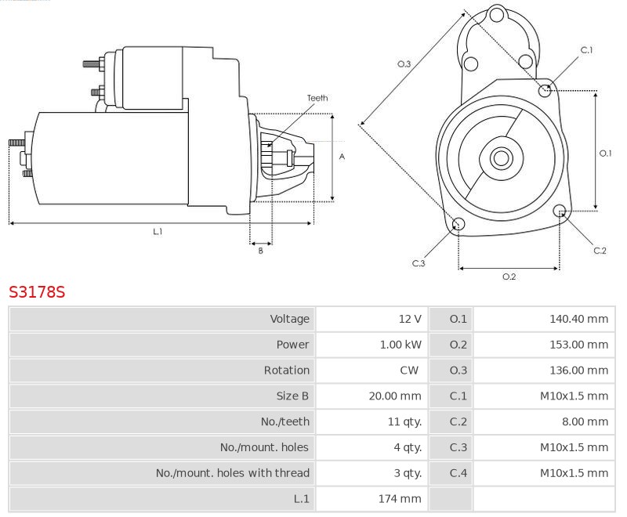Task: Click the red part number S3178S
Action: click(37, 292)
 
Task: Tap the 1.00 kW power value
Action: click(400, 345)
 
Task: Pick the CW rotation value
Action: click(409, 370)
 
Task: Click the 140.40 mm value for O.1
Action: click(578, 319)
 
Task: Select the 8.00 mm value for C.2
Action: click(585, 421)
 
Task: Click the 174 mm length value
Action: click(400, 499)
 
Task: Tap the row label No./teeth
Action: click(285, 421)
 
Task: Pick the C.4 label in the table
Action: click(458, 473)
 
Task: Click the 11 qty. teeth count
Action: click(404, 421)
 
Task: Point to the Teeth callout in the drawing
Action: click(317, 98)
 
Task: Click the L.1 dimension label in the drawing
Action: click(158, 231)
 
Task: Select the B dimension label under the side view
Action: click(261, 251)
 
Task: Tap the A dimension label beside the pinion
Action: click(342, 157)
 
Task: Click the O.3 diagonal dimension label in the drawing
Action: click(404, 64)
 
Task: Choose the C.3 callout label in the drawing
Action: click(419, 263)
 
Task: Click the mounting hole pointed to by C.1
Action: click(544, 91)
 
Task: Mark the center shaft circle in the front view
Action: click(502, 158)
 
